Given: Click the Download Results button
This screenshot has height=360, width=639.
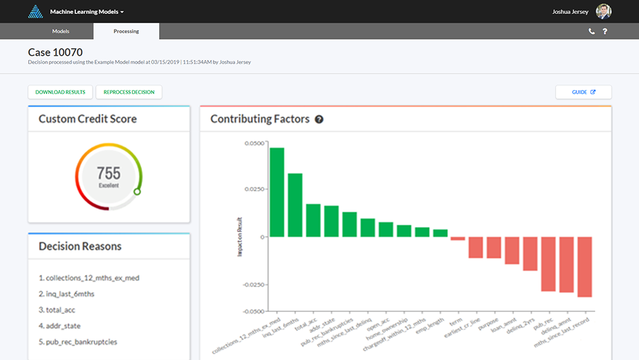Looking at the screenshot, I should (60, 92).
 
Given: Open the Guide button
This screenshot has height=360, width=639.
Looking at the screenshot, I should (583, 92).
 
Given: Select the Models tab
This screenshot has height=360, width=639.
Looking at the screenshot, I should (61, 31).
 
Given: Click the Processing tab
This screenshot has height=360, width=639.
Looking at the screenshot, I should (126, 31).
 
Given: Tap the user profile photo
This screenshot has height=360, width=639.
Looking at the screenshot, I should (603, 11).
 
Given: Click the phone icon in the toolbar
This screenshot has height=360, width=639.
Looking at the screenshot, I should (591, 31).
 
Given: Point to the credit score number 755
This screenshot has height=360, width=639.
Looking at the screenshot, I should (109, 173).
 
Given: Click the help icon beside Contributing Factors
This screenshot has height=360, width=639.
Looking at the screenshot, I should (319, 119).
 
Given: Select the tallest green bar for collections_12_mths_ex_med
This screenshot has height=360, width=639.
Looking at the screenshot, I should (277, 192).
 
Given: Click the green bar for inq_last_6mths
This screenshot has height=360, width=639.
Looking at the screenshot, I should (295, 205).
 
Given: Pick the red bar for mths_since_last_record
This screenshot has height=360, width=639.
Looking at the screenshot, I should (584, 267).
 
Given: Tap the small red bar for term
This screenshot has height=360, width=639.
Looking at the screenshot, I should (458, 239).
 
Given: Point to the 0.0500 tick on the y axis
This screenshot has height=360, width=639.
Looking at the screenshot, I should (254, 143).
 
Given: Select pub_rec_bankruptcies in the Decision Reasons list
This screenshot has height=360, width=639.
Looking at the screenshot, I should (77, 341).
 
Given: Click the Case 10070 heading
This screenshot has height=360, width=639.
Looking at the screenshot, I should (55, 52).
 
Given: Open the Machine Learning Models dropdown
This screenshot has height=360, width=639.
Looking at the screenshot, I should (87, 12).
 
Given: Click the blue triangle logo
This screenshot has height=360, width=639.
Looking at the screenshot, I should (36, 12).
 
